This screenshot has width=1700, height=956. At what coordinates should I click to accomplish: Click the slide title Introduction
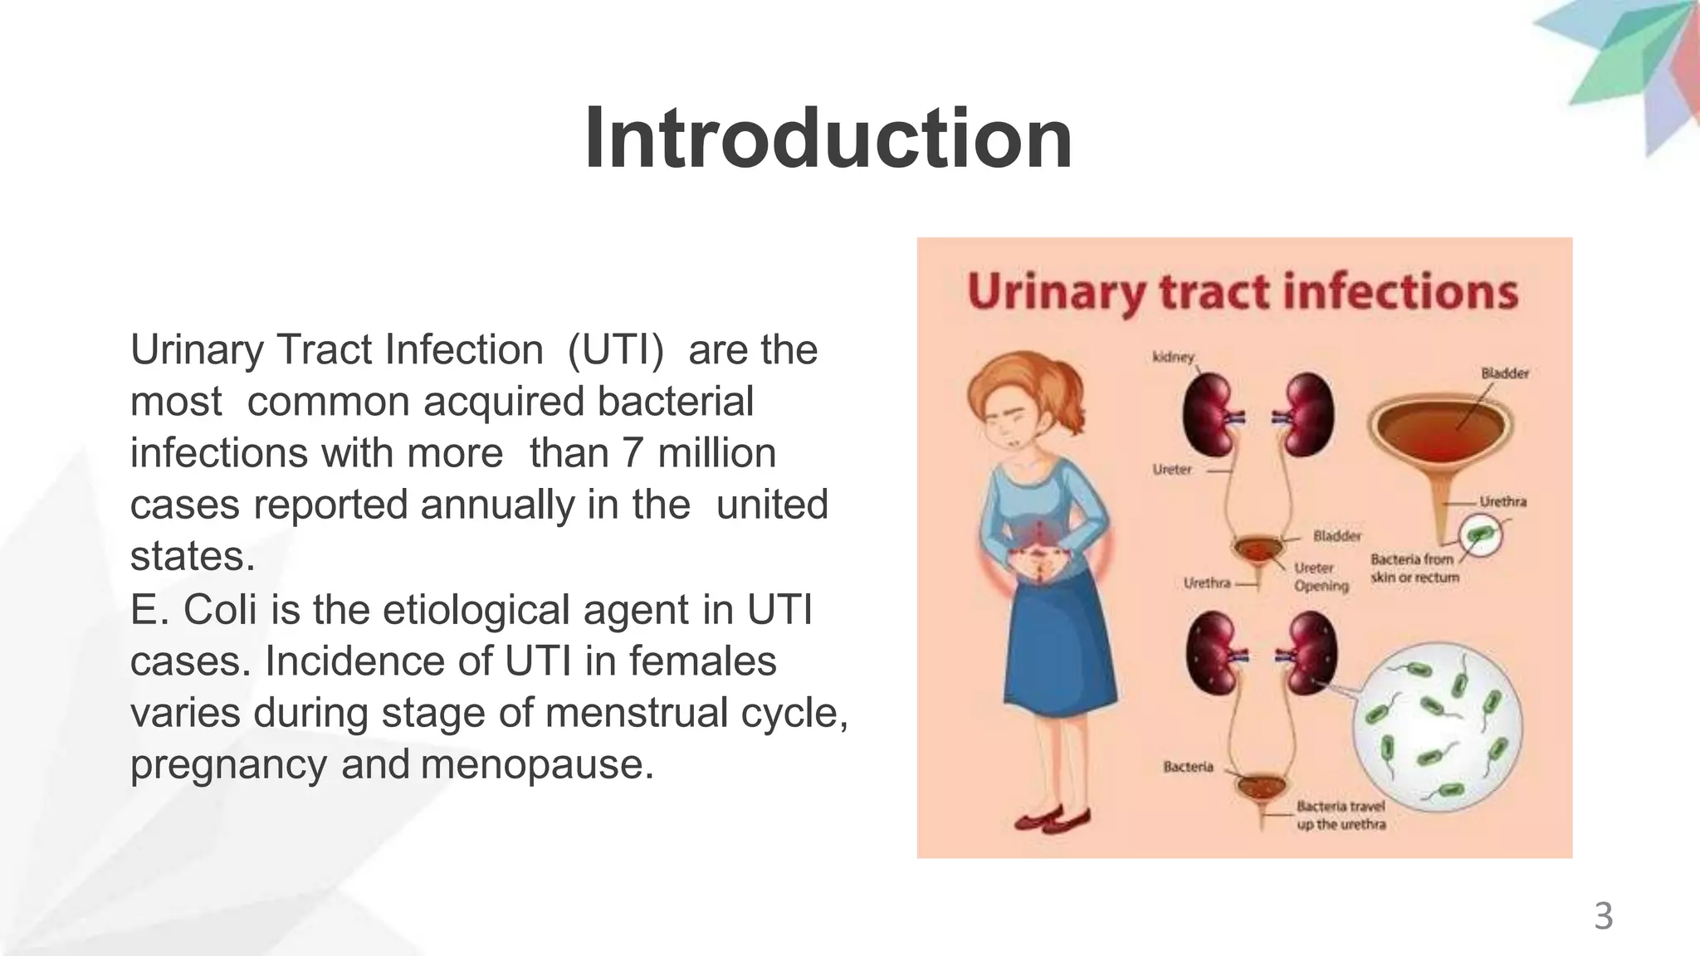coord(828,139)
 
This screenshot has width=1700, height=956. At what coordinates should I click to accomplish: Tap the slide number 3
coord(1603,917)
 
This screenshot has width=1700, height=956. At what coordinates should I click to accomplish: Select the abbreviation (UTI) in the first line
coord(615,350)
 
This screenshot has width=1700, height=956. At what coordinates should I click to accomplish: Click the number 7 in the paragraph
coord(632,453)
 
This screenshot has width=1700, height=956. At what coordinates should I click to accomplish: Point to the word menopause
coord(537,763)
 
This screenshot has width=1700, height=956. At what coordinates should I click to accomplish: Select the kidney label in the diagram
coord(1173,357)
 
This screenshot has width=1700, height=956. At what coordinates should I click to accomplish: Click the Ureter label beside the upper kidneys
coord(1171,470)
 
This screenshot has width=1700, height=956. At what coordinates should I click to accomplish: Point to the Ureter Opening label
coord(1321,577)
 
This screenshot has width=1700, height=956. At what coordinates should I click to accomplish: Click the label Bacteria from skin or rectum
coord(1414,568)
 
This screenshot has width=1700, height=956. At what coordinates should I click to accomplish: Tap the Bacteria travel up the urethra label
coord(1341,815)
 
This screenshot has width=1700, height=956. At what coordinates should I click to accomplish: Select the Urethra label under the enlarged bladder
coord(1502,501)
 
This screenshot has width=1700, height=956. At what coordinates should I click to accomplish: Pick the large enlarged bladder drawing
coord(1439,436)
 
